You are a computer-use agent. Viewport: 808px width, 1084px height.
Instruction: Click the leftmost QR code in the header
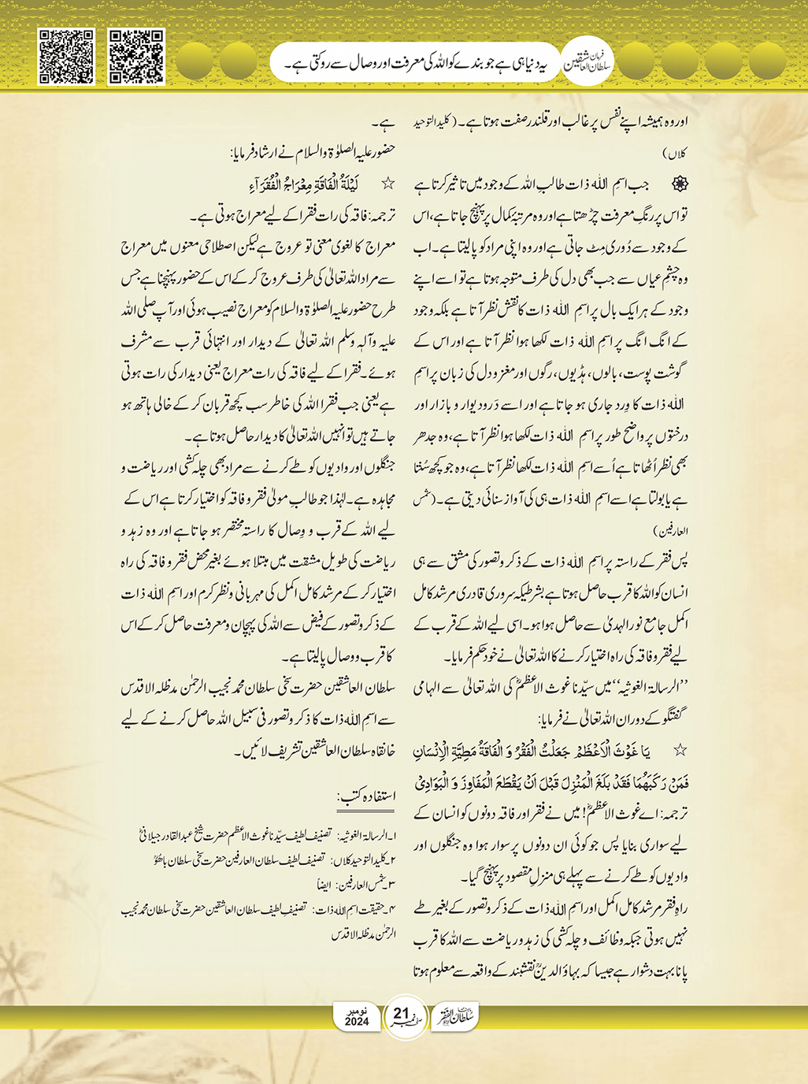click(66, 56)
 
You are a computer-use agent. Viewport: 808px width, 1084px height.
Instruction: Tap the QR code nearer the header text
click(136, 56)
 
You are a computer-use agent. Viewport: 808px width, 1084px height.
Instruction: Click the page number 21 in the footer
click(401, 1012)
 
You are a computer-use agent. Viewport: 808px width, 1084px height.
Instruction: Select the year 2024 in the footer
click(357, 1022)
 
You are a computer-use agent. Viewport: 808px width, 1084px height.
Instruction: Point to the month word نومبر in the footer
click(357, 1010)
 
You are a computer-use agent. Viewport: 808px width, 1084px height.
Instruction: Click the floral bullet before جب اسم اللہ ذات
click(678, 184)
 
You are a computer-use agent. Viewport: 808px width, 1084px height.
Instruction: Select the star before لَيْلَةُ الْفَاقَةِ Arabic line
click(387, 184)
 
